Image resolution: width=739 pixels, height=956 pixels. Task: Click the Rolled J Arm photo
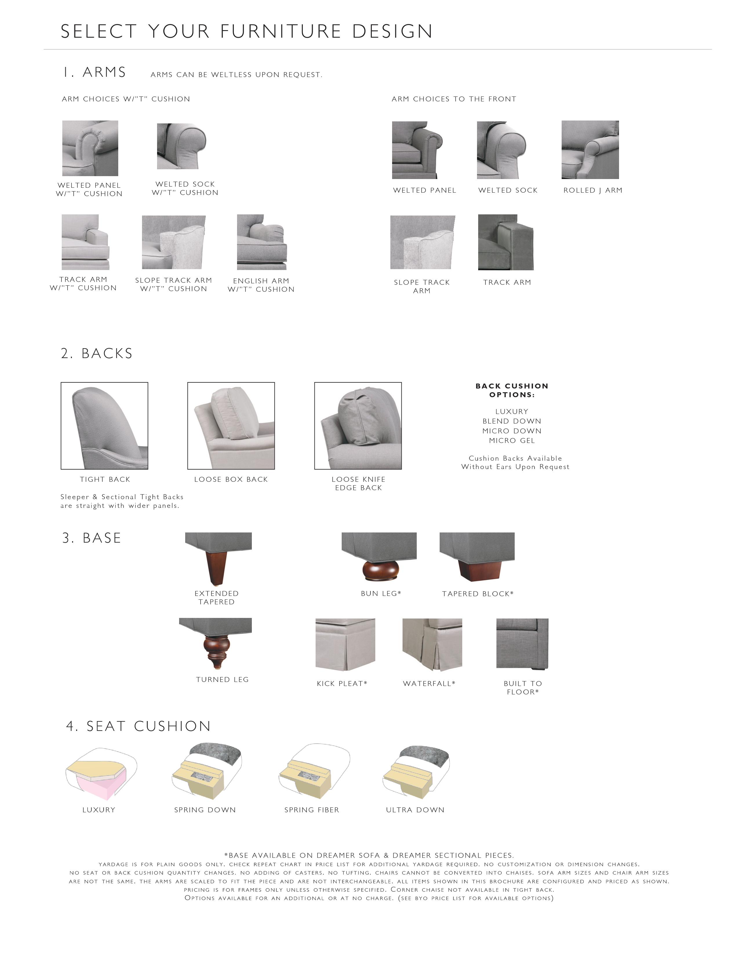coord(590,150)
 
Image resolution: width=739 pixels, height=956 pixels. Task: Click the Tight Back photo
coord(105,426)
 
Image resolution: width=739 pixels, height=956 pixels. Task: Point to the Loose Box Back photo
coord(231,426)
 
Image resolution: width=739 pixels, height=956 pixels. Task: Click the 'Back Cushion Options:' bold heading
coord(512,390)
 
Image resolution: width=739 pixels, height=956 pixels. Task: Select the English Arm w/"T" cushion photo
coord(262,242)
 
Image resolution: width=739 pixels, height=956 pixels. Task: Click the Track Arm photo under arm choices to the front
coord(506,242)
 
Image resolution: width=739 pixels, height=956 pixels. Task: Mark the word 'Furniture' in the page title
coord(281,32)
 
